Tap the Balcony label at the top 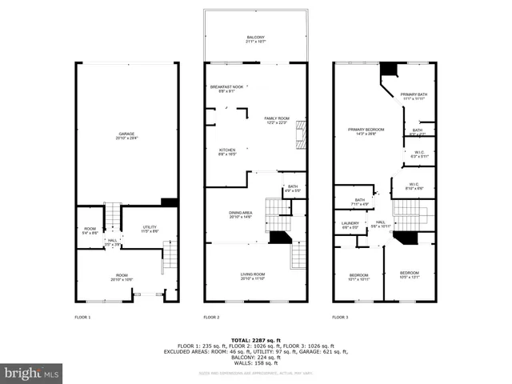[255, 39]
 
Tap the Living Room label [253, 277]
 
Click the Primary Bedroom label [366, 131]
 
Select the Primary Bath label [414, 95]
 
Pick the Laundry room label [350, 225]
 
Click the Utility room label [150, 229]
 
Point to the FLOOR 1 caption [82, 318]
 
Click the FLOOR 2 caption [211, 318]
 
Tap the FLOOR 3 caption [340, 318]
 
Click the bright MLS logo [31, 373]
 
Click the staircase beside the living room [298, 256]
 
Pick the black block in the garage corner [169, 202]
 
